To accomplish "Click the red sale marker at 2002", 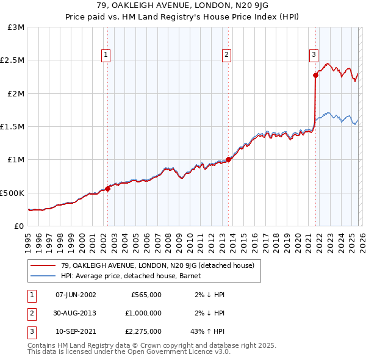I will [x=107, y=189].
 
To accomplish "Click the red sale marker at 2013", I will [x=229, y=159].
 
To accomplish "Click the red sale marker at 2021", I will [x=315, y=75].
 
